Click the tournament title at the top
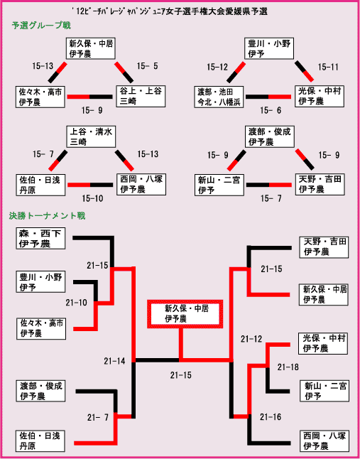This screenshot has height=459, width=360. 169,11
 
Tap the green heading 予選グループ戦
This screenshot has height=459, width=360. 41,26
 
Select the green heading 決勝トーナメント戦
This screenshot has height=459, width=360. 47,216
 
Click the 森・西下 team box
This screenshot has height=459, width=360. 40,238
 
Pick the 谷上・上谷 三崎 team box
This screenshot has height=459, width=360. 141,97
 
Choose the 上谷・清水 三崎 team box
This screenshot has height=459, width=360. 91,136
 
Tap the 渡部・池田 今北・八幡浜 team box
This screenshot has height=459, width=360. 219,97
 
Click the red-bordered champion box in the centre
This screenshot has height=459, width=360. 185,314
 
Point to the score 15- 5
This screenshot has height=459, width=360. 148,66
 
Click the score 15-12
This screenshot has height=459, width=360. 217,67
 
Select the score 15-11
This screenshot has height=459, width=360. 328,67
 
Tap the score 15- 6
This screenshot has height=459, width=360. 271,110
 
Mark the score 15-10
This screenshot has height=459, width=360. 92,198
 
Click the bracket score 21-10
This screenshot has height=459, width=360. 76,303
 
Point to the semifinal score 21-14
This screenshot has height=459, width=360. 114,361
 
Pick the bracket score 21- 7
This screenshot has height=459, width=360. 98,417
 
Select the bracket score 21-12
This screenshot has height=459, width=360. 251,339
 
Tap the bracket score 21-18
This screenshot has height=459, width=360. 288,367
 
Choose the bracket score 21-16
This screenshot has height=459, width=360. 271,417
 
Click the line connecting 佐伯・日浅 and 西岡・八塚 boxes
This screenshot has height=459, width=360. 90,185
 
